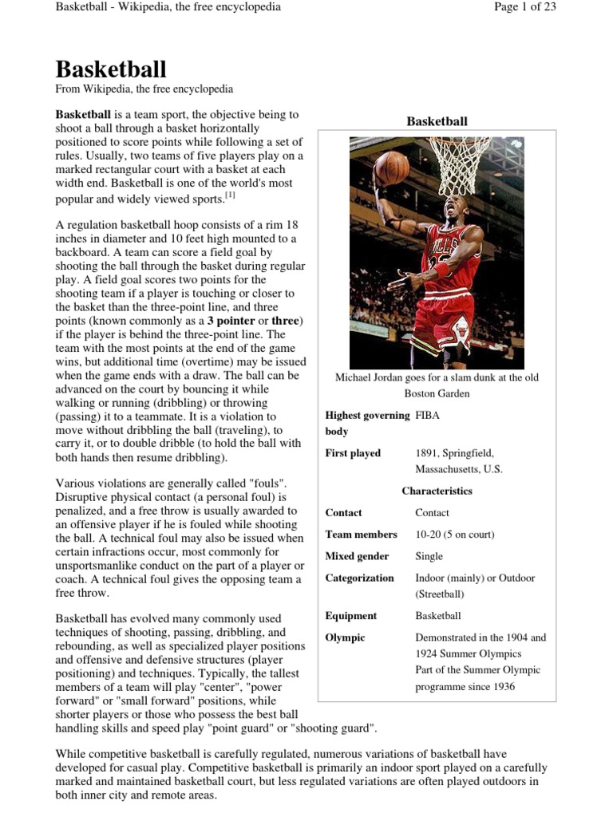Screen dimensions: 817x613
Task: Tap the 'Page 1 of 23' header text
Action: (x=525, y=7)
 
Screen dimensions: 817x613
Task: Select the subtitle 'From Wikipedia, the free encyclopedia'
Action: (x=144, y=89)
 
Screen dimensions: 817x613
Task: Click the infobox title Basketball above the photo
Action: (x=437, y=121)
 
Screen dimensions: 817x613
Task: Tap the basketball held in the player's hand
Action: (x=391, y=168)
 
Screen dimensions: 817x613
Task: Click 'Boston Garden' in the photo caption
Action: (x=437, y=393)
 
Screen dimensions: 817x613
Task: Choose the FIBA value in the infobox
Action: (x=427, y=416)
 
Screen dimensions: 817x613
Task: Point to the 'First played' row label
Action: (x=353, y=453)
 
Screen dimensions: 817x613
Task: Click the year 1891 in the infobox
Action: (x=429, y=453)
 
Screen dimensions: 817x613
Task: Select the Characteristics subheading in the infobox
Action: (x=437, y=491)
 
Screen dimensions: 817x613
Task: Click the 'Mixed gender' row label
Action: (x=357, y=556)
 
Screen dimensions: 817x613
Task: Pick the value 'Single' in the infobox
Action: (x=429, y=556)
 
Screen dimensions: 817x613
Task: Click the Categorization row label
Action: (x=359, y=578)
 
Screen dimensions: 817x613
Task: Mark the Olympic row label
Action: (x=345, y=637)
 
